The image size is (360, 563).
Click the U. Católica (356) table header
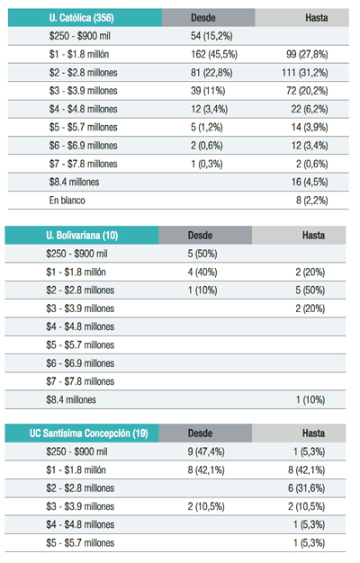click(82, 18)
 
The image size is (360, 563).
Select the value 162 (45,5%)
click(214, 54)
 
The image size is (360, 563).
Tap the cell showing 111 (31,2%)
click(305, 73)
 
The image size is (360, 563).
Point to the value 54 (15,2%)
click(211, 36)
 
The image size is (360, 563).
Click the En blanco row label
click(67, 200)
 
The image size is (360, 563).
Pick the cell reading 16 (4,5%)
click(310, 182)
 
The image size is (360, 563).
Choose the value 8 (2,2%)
click(312, 200)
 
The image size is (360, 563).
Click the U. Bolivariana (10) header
click(82, 235)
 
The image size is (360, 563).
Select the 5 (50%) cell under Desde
click(202, 254)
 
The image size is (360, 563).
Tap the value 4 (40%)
click(202, 272)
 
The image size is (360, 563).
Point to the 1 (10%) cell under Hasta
click(310, 399)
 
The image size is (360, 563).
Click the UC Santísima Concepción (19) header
click(89, 433)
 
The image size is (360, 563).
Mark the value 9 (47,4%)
click(206, 451)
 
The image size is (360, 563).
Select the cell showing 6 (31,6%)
click(307, 488)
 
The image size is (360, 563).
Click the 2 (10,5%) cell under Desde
click(206, 506)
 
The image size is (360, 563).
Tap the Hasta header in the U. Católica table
click(317, 18)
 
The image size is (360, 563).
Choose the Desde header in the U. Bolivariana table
click(200, 235)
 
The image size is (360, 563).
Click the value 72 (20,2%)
click(307, 91)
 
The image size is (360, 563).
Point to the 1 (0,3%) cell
click(207, 164)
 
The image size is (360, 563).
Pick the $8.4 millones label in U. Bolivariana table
click(71, 399)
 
